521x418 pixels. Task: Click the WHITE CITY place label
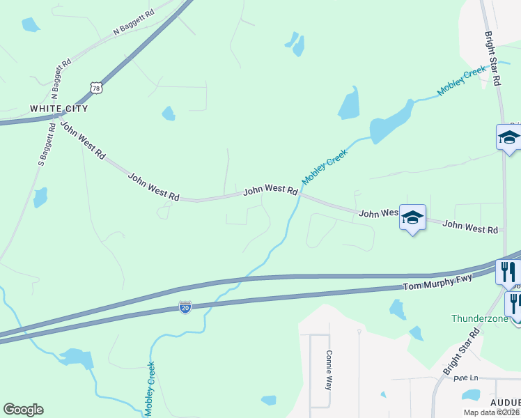pyautogui.click(x=59, y=109)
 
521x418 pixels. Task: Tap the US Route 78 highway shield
pyautogui.click(x=97, y=87)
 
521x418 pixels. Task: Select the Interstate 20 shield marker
pyautogui.click(x=185, y=307)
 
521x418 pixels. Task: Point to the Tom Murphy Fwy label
pyautogui.click(x=438, y=283)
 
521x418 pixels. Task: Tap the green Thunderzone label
pyautogui.click(x=480, y=319)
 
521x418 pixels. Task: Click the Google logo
pyautogui.click(x=23, y=410)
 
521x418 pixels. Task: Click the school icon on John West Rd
pyautogui.click(x=412, y=218)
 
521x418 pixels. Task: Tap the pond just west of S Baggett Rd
pyautogui.click(x=40, y=197)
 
